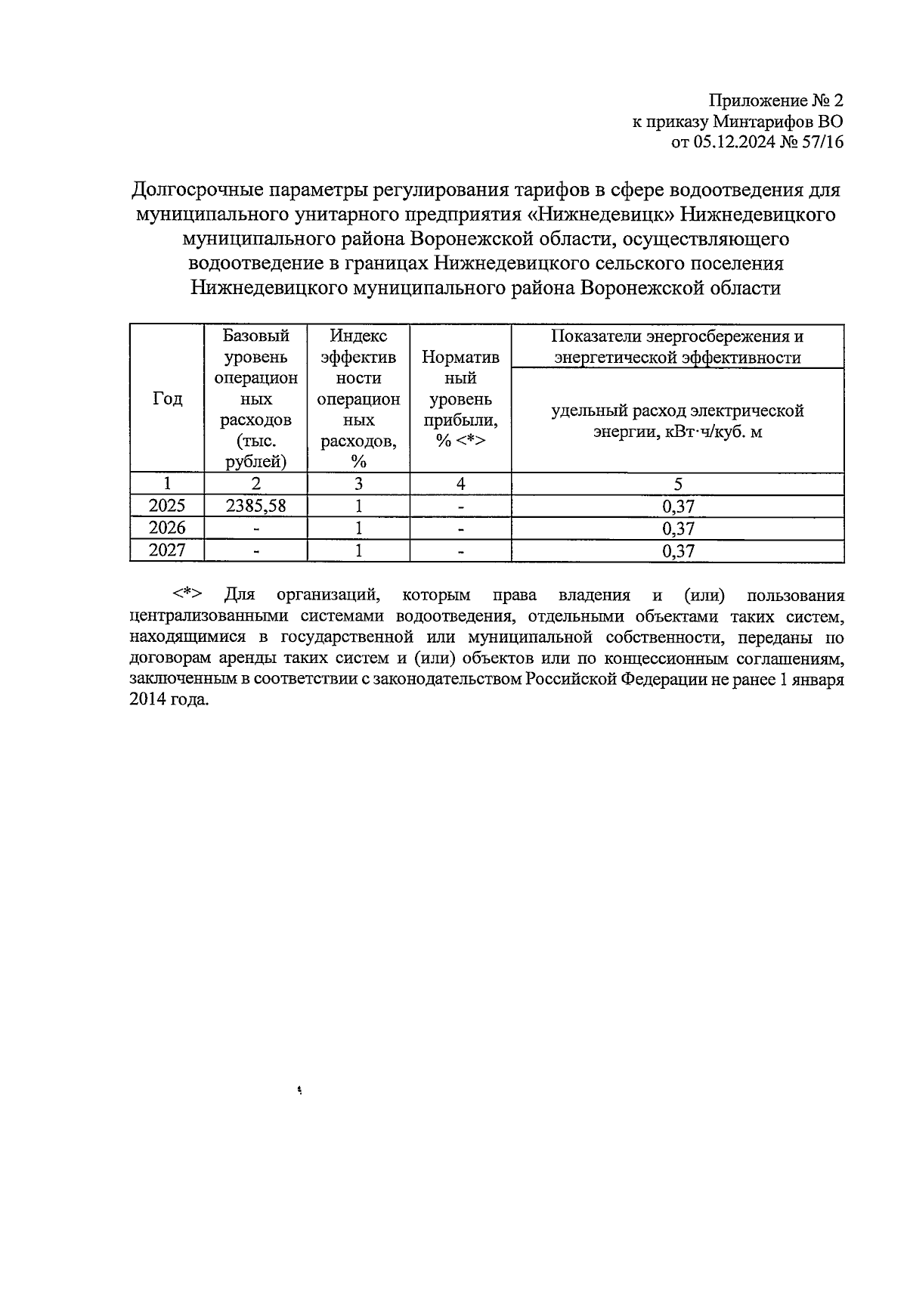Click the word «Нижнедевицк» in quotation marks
601,215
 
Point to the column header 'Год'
167,398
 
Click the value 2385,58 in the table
256,506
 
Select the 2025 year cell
167,506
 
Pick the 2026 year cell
167,528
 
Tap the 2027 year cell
167,550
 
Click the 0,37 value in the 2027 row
678,551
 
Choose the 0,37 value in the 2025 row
678,507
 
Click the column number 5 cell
678,485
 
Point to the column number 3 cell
359,485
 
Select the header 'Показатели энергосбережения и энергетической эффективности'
677,347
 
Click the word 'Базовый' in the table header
256,336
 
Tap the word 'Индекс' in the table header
359,336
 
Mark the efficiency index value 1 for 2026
359,528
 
